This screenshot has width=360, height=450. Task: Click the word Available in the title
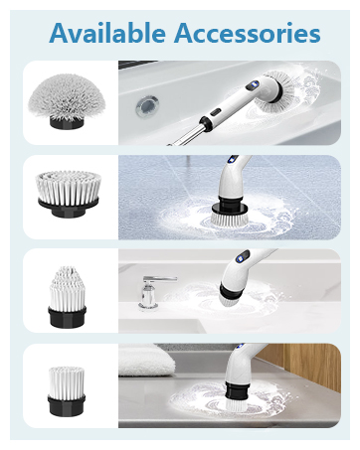(x=107, y=33)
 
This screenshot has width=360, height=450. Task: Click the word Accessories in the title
(x=245, y=33)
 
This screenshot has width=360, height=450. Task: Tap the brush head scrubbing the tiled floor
(x=236, y=213)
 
